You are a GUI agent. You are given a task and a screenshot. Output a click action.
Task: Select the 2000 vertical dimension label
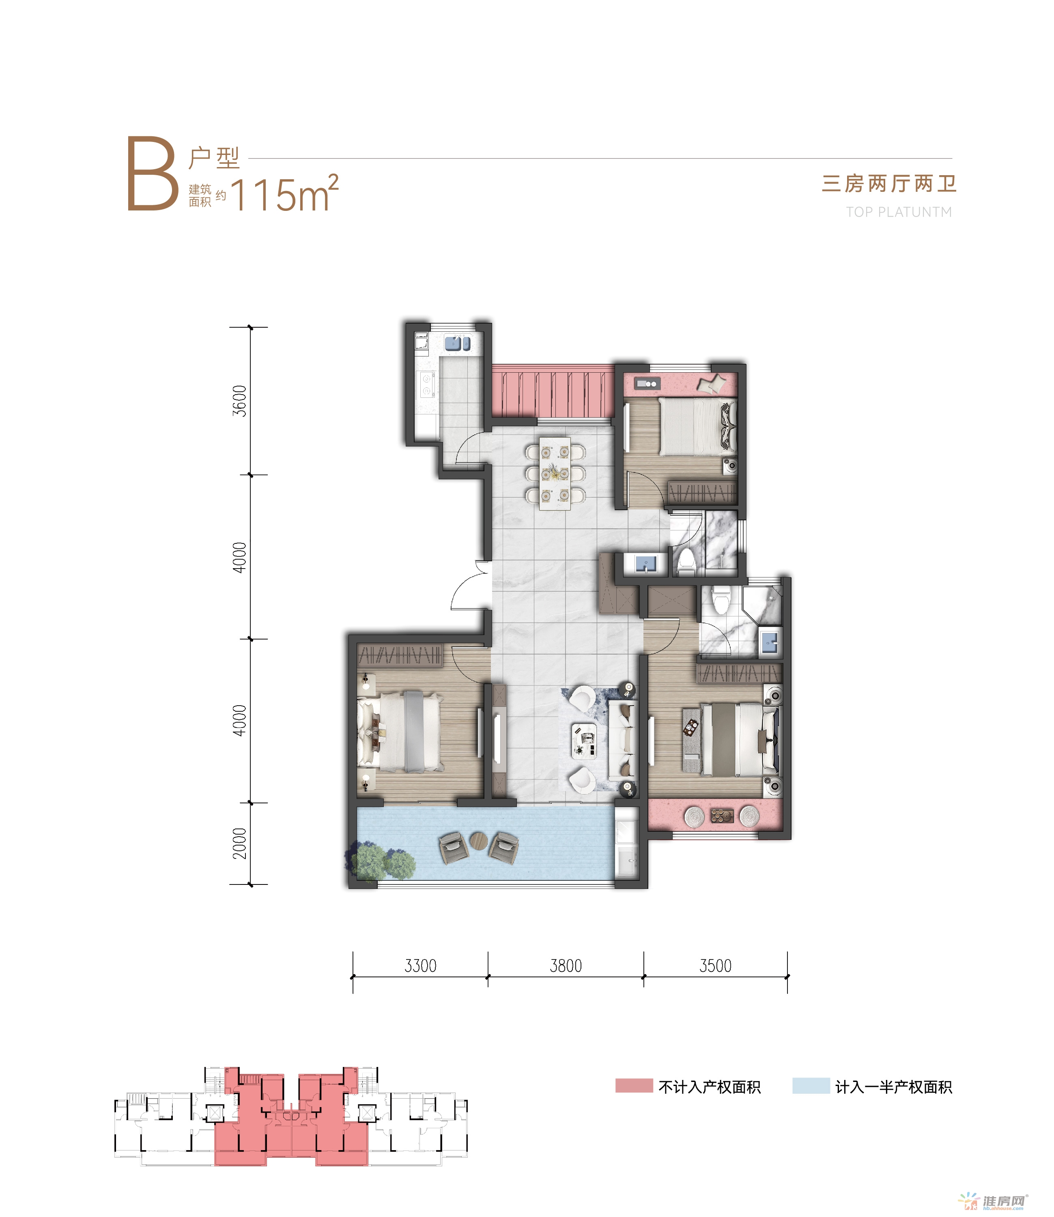point(239,843)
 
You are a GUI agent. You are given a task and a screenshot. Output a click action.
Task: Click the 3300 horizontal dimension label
point(421,966)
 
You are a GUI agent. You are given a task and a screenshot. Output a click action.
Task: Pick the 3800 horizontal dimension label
point(566,966)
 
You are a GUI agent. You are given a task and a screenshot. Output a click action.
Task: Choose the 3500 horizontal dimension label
point(715,966)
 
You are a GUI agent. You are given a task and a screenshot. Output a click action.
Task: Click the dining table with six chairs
point(555,473)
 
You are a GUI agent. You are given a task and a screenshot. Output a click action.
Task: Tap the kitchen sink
point(457,343)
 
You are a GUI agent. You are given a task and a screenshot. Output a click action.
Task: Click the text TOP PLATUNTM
point(899,212)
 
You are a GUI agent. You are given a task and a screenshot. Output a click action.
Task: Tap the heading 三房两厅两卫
point(889,183)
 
